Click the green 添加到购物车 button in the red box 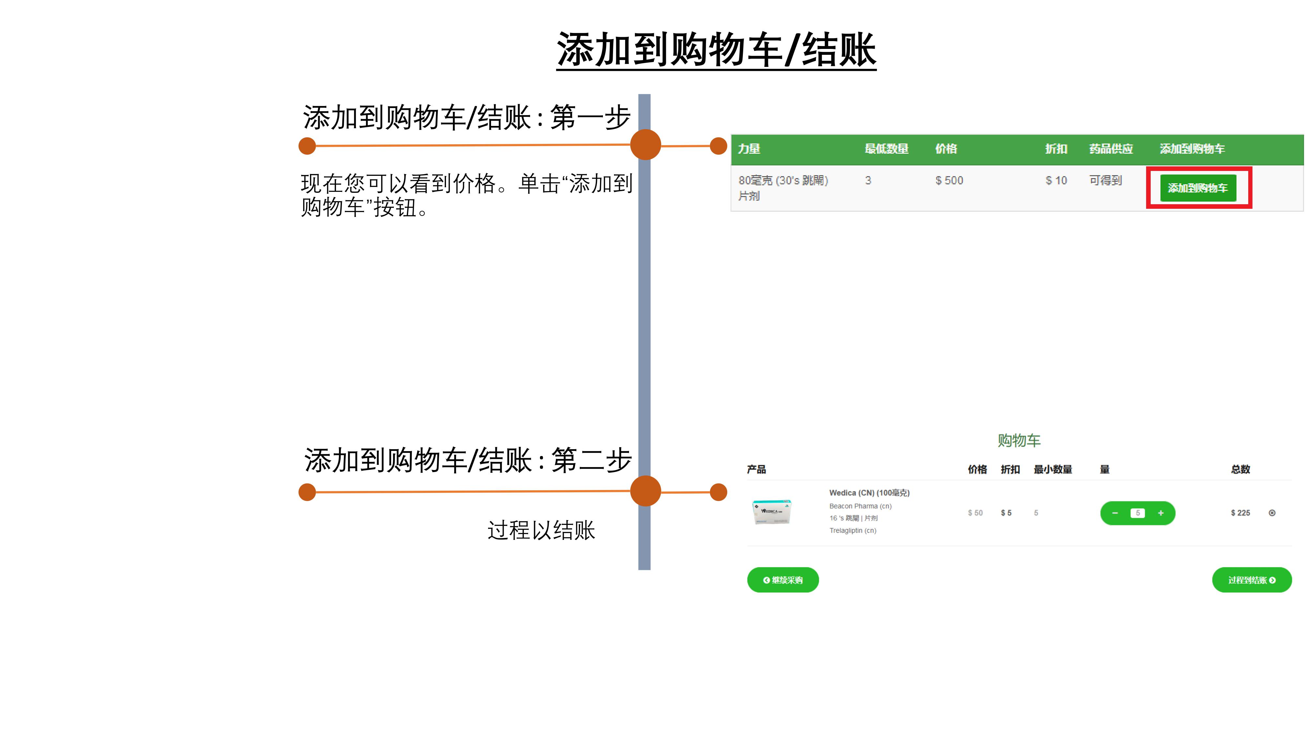coord(1198,188)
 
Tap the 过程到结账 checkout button coord(1252,580)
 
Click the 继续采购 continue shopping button coord(783,580)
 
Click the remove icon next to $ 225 coord(1272,512)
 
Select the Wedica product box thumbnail coord(772,511)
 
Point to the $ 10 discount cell coord(1056,180)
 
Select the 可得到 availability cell coord(1105,180)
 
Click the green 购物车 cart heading coord(1019,440)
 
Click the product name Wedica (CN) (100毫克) coord(869,493)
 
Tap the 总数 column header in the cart coord(1241,469)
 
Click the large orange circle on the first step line coord(645,145)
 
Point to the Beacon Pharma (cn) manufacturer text coord(860,506)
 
